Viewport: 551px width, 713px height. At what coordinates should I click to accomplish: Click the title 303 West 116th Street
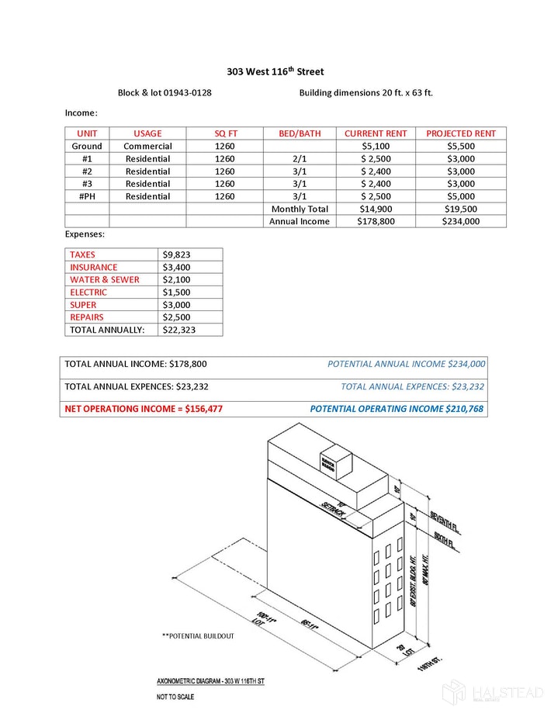(x=275, y=71)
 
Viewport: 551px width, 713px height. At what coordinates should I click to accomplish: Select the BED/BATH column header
(x=300, y=133)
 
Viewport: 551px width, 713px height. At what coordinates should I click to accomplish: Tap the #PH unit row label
(x=87, y=196)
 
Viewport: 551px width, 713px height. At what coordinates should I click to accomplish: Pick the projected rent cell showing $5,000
(x=461, y=196)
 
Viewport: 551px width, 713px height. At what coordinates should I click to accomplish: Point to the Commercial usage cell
(x=147, y=146)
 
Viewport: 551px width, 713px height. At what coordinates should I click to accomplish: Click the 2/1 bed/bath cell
(x=300, y=158)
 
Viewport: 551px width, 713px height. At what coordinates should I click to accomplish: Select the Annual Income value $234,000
(x=461, y=221)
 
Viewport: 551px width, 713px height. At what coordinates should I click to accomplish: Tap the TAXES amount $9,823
(x=177, y=254)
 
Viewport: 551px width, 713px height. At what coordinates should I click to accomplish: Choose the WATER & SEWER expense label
(x=105, y=279)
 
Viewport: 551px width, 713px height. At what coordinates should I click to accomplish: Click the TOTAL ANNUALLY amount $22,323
(x=177, y=330)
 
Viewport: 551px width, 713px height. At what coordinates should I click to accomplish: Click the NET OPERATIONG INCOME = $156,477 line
(x=144, y=408)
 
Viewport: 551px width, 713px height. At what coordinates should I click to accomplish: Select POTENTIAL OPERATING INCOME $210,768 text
(x=397, y=408)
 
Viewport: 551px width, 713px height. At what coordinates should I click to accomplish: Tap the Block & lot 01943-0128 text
(x=165, y=93)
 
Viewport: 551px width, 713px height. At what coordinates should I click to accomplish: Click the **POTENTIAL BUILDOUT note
(x=197, y=636)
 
